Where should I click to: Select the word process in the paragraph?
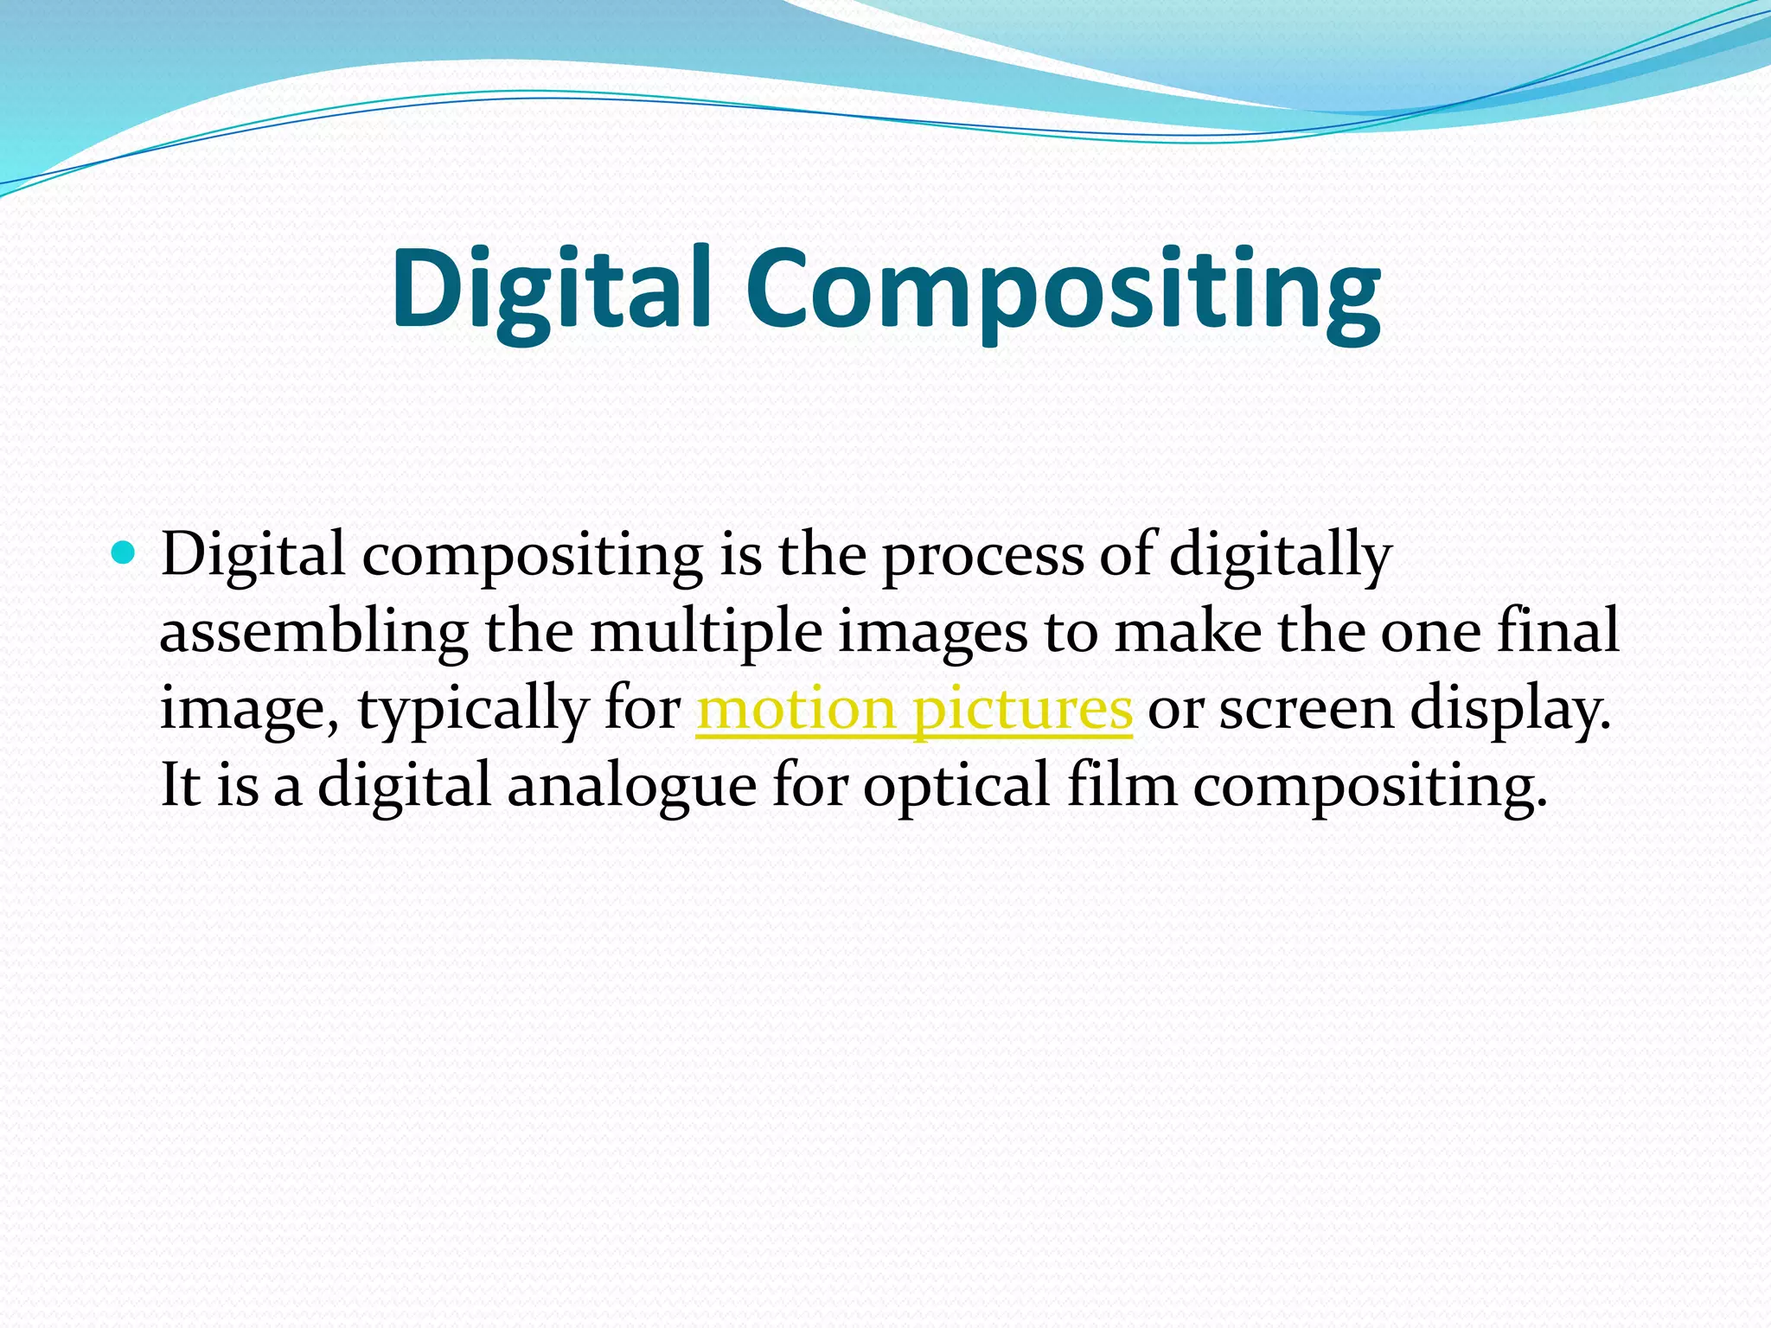982,555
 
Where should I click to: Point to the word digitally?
1281,555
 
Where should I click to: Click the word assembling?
314,632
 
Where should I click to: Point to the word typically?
472,710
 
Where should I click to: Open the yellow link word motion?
796,709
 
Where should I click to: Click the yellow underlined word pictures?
1022,710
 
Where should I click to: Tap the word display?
1510,710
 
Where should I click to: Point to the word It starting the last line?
180,785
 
